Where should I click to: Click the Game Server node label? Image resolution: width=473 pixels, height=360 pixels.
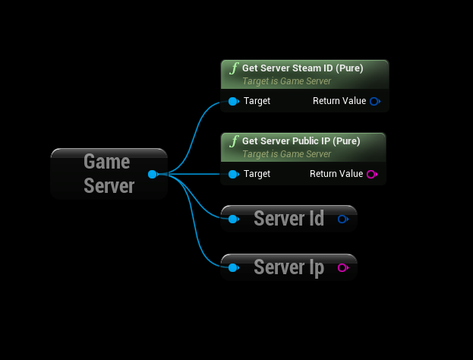pos(108,173)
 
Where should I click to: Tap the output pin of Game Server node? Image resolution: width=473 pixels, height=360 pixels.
pos(153,174)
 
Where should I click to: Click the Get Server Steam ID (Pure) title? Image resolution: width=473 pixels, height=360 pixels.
pos(302,68)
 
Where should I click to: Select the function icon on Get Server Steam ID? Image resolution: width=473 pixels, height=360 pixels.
pos(234,68)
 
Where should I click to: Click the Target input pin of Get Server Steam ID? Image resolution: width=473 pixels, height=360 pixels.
pos(233,101)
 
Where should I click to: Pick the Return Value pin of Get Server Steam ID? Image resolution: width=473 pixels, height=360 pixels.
pos(374,101)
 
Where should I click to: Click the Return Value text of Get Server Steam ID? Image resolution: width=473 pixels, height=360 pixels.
pos(339,101)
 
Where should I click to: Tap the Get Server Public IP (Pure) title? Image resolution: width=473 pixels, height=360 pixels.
pos(301,141)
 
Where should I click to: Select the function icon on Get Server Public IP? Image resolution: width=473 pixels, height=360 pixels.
pos(234,141)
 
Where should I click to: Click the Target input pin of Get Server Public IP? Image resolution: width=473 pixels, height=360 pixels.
pos(233,174)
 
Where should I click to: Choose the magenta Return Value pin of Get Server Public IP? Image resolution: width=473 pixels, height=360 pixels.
pos(371,174)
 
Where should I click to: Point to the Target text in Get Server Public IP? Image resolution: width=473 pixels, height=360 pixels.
pos(257,174)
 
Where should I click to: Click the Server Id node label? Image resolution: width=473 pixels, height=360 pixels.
pos(289,219)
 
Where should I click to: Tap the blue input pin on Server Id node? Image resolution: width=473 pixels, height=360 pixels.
pos(233,219)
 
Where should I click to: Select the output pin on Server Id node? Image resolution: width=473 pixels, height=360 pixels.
pos(342,219)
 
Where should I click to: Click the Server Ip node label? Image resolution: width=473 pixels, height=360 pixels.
pos(289,267)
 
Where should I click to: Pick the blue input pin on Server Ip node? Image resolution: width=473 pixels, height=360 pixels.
pos(233,267)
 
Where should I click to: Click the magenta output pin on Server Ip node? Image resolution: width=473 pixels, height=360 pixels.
pos(342,267)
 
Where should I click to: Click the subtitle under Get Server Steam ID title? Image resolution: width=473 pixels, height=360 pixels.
pos(286,81)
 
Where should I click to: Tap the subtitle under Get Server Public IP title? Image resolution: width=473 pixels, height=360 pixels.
pos(286,154)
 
